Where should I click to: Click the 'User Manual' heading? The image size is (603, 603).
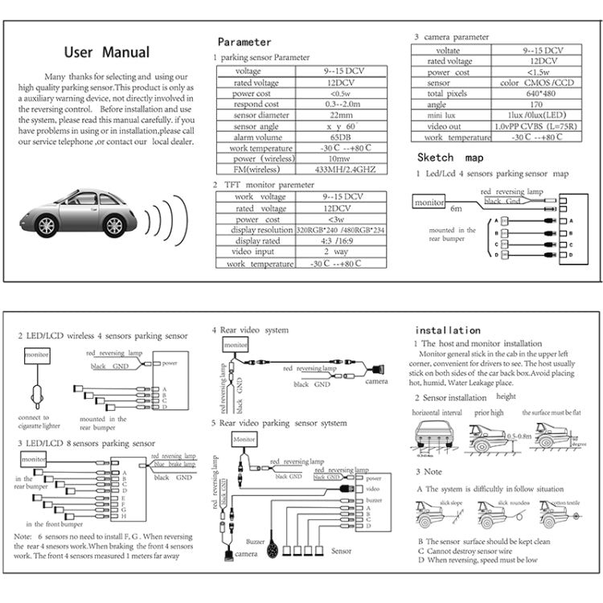(106, 53)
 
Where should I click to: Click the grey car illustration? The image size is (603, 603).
(76, 215)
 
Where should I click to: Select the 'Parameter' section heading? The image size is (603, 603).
(244, 42)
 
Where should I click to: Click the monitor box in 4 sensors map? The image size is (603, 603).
(429, 203)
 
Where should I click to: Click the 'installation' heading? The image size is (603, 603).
(447, 330)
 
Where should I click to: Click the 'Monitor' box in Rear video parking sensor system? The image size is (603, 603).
(244, 441)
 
